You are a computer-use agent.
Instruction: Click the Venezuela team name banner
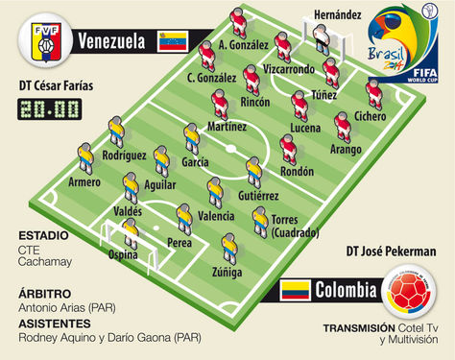tap(112, 41)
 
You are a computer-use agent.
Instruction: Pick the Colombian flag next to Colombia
tap(296, 290)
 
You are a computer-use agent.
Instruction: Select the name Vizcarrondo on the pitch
tap(289, 69)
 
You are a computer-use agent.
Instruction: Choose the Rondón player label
tap(295, 172)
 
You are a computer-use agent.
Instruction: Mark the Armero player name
tap(85, 182)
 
